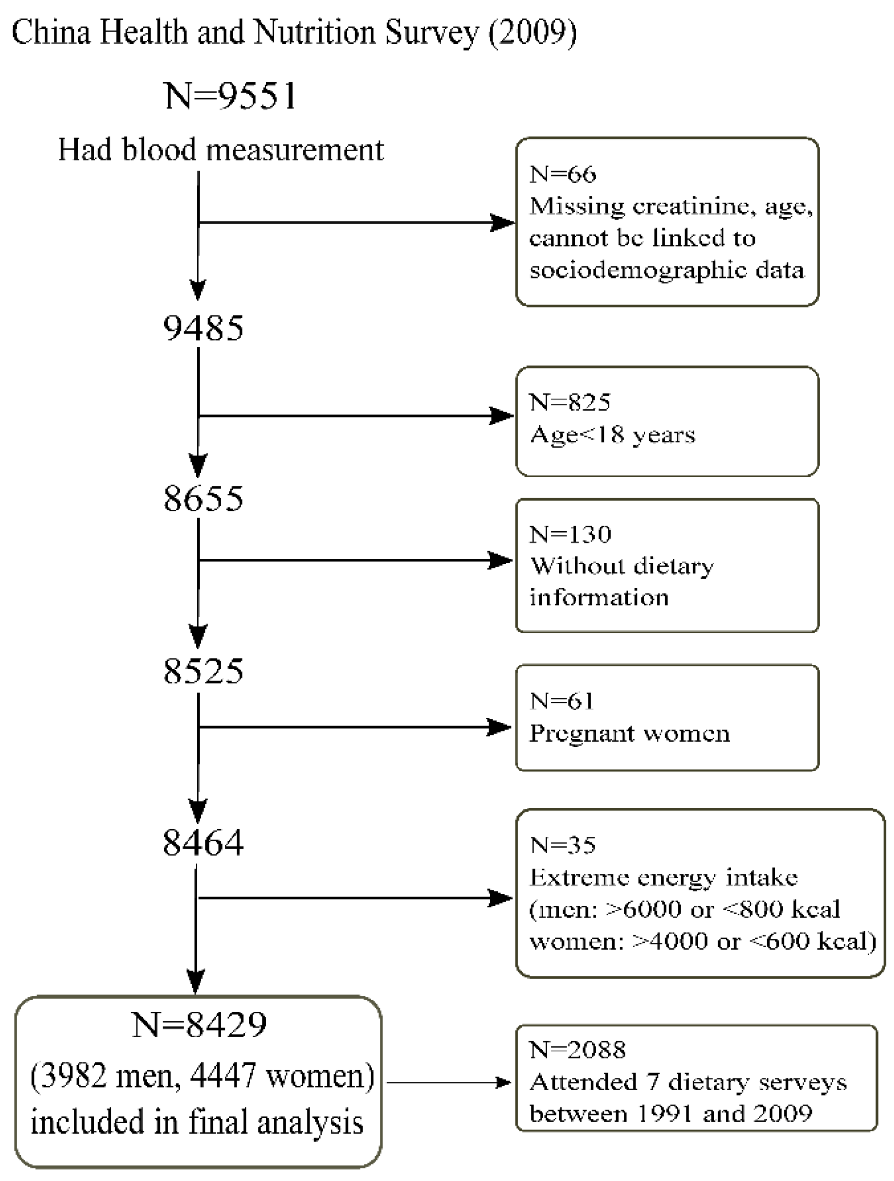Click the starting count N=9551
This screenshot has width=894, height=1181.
click(x=231, y=96)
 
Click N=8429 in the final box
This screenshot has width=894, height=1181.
click(x=199, y=1024)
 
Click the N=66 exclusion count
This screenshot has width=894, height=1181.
click(x=563, y=174)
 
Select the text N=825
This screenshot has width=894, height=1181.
click(x=569, y=402)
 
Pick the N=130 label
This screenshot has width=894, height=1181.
click(x=569, y=534)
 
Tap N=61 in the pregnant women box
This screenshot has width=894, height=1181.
click(x=562, y=700)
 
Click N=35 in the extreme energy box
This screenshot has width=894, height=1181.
click(x=563, y=845)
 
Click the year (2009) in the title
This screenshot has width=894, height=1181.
click(x=533, y=32)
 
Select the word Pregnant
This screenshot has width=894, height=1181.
click(x=581, y=733)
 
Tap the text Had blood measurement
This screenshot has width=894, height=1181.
click(x=221, y=150)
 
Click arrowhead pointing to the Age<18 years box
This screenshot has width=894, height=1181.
click(x=502, y=416)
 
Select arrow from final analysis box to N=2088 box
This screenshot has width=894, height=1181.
click(x=448, y=1082)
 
